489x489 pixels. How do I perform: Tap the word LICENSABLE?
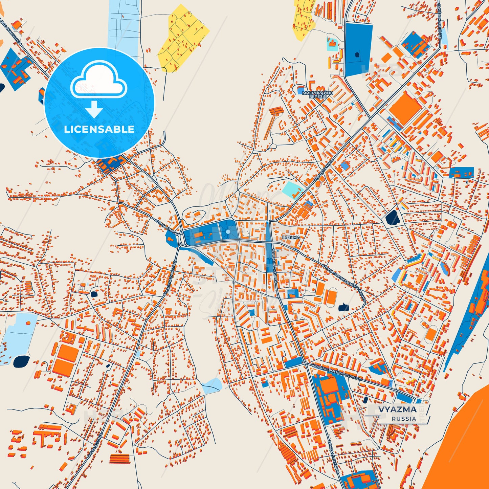tap(99, 129)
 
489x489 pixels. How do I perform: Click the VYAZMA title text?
tap(397, 409)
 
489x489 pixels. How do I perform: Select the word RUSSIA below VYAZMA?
tap(404, 419)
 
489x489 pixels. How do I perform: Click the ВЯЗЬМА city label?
tap(291, 238)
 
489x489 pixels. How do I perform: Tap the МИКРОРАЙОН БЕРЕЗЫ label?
tap(317, 94)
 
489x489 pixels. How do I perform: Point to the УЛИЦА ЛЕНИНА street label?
tap(324, 171)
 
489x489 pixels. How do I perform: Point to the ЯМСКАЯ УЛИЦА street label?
tap(94, 446)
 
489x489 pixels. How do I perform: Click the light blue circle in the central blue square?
tap(228, 231)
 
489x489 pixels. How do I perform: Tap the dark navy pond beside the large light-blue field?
tap(21, 361)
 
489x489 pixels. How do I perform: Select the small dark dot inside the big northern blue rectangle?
tap(356, 54)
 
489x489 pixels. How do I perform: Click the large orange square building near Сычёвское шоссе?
tap(405, 108)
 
